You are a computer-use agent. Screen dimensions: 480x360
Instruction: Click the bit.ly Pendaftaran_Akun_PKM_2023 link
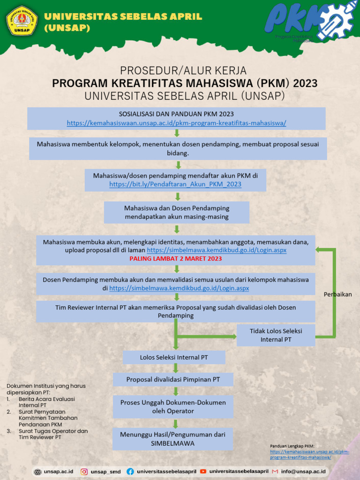tap(175, 184)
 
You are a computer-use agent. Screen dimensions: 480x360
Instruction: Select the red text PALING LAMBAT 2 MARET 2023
tap(176, 258)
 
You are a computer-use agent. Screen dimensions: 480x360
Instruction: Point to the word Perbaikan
tap(337, 294)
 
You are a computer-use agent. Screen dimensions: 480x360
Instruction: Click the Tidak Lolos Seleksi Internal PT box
tap(276, 335)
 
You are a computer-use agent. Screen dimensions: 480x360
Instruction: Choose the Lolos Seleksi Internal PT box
tap(174, 357)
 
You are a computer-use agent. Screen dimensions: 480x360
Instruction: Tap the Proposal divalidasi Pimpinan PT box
tap(173, 379)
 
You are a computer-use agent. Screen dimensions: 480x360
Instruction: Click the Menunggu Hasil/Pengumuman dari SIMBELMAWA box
tap(173, 439)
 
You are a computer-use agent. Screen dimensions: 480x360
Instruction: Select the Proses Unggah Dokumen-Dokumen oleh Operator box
tap(173, 407)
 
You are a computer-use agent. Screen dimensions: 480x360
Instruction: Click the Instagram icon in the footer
tap(84, 472)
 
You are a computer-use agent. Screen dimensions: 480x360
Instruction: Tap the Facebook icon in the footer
tap(130, 472)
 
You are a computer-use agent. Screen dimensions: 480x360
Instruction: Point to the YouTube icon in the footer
tap(203, 471)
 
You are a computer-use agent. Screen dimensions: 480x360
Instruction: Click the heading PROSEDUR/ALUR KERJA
tap(183, 71)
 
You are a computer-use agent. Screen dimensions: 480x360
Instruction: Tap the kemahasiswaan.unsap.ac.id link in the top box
tap(176, 123)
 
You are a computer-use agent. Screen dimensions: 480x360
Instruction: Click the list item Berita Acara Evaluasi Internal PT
tap(47, 402)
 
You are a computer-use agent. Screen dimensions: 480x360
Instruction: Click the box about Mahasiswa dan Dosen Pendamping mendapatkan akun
tap(177, 212)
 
